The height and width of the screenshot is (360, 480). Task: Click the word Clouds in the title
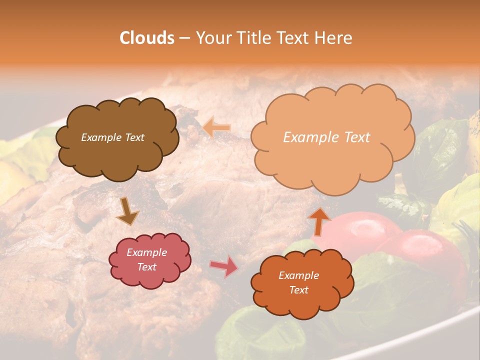[x=146, y=38]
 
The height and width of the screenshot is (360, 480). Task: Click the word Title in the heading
[x=253, y=38]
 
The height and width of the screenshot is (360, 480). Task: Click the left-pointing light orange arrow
[x=216, y=127]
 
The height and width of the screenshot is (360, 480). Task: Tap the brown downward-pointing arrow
[x=127, y=211]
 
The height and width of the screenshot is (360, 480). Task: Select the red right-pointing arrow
[x=223, y=266]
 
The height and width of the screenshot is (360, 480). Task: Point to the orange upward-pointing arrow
[x=319, y=221]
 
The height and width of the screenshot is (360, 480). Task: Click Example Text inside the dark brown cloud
[x=112, y=137]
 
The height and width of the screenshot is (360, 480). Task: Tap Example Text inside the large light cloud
[x=326, y=137]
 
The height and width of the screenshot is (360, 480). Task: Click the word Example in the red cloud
[x=146, y=252]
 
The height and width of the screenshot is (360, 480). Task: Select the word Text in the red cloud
[x=146, y=267]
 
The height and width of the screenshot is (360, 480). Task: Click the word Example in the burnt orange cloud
[x=298, y=275]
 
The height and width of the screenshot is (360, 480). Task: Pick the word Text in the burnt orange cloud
[x=298, y=290]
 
